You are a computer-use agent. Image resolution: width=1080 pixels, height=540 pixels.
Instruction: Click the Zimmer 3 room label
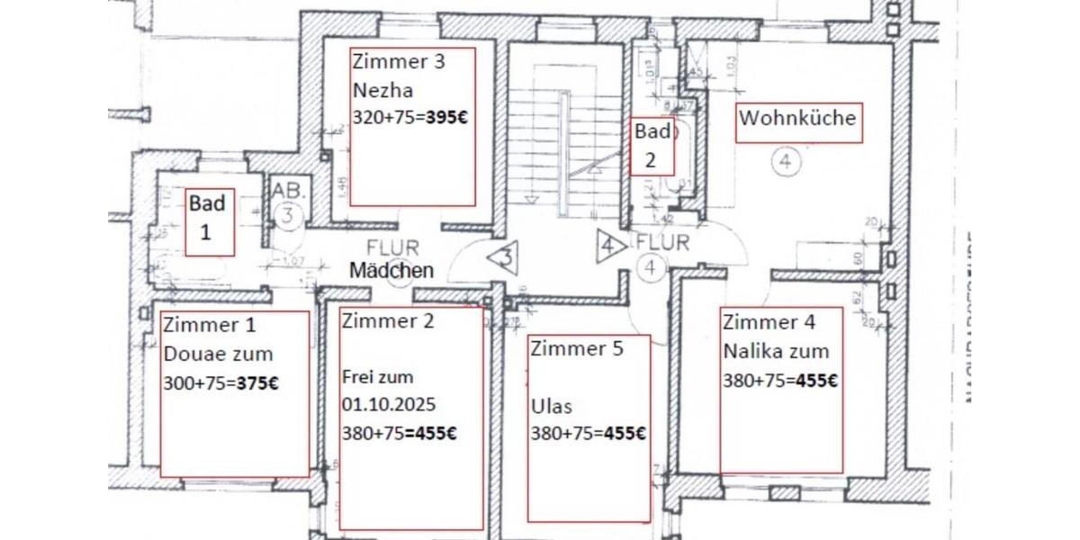tap(398, 62)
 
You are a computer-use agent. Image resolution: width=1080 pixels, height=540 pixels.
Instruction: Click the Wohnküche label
tap(797, 118)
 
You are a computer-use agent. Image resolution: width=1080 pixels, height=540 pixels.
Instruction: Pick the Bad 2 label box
tap(652, 146)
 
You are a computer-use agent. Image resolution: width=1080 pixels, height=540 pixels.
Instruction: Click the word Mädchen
tap(391, 270)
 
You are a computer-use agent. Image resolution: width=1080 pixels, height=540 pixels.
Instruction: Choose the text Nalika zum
tap(776, 351)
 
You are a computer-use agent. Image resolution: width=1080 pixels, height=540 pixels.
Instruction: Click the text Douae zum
tap(218, 355)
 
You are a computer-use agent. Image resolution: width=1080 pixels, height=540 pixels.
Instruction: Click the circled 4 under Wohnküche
tap(785, 163)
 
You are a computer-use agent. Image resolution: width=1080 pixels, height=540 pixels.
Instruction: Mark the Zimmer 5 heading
tap(576, 348)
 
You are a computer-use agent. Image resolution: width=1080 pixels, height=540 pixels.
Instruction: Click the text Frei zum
tap(377, 377)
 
